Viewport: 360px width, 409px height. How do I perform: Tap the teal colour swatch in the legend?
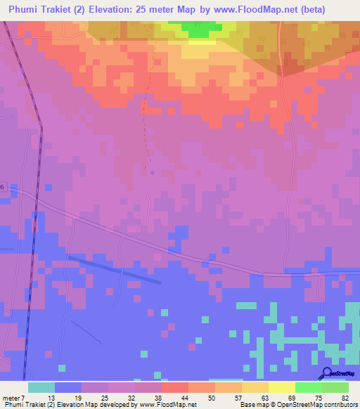click(41, 387)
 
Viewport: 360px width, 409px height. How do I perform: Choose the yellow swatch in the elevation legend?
click(281, 387)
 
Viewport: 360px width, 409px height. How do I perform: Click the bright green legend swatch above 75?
click(308, 387)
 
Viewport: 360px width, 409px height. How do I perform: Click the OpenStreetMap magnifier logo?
click(327, 372)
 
